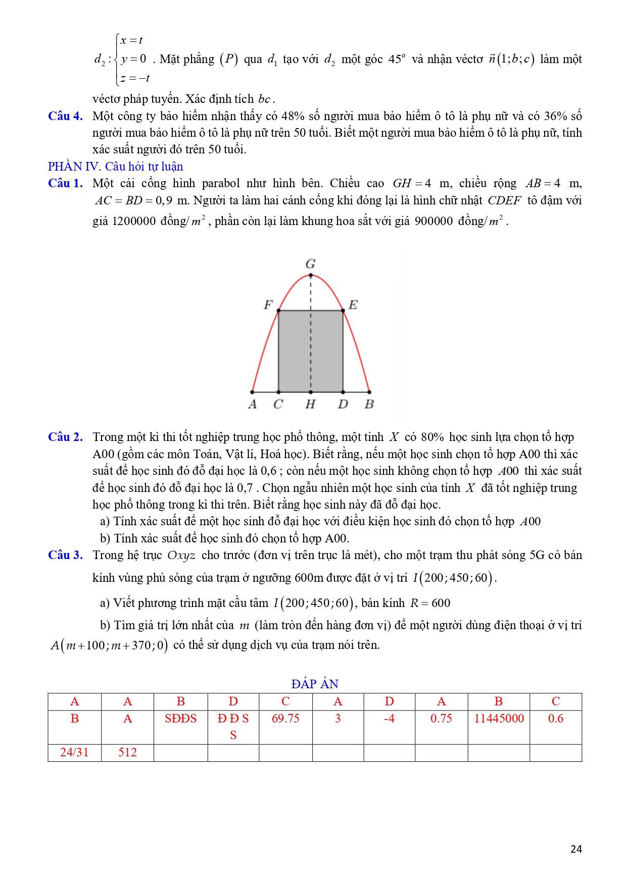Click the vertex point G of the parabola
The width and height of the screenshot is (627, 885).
(311, 275)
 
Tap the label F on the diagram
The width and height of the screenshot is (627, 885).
(268, 305)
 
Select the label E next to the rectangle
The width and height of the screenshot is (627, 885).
(353, 305)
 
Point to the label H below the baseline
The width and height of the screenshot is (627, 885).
(310, 404)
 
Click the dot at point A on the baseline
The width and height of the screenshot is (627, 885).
(253, 392)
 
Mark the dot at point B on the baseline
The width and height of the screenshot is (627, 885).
(369, 392)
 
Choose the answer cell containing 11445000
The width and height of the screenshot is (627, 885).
(499, 718)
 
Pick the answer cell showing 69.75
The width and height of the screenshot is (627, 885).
(285, 718)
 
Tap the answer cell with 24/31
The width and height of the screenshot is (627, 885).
(74, 752)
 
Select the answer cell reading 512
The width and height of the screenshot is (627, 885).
(127, 752)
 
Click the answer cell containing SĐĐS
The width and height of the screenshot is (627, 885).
(180, 718)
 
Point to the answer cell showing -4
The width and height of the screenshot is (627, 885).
(389, 718)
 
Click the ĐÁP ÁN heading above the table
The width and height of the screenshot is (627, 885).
(315, 684)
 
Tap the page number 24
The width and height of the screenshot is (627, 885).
(576, 849)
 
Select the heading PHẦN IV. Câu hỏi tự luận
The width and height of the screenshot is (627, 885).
(115, 167)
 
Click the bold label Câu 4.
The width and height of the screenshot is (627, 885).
(65, 116)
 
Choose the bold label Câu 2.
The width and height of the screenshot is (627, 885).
(65, 437)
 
